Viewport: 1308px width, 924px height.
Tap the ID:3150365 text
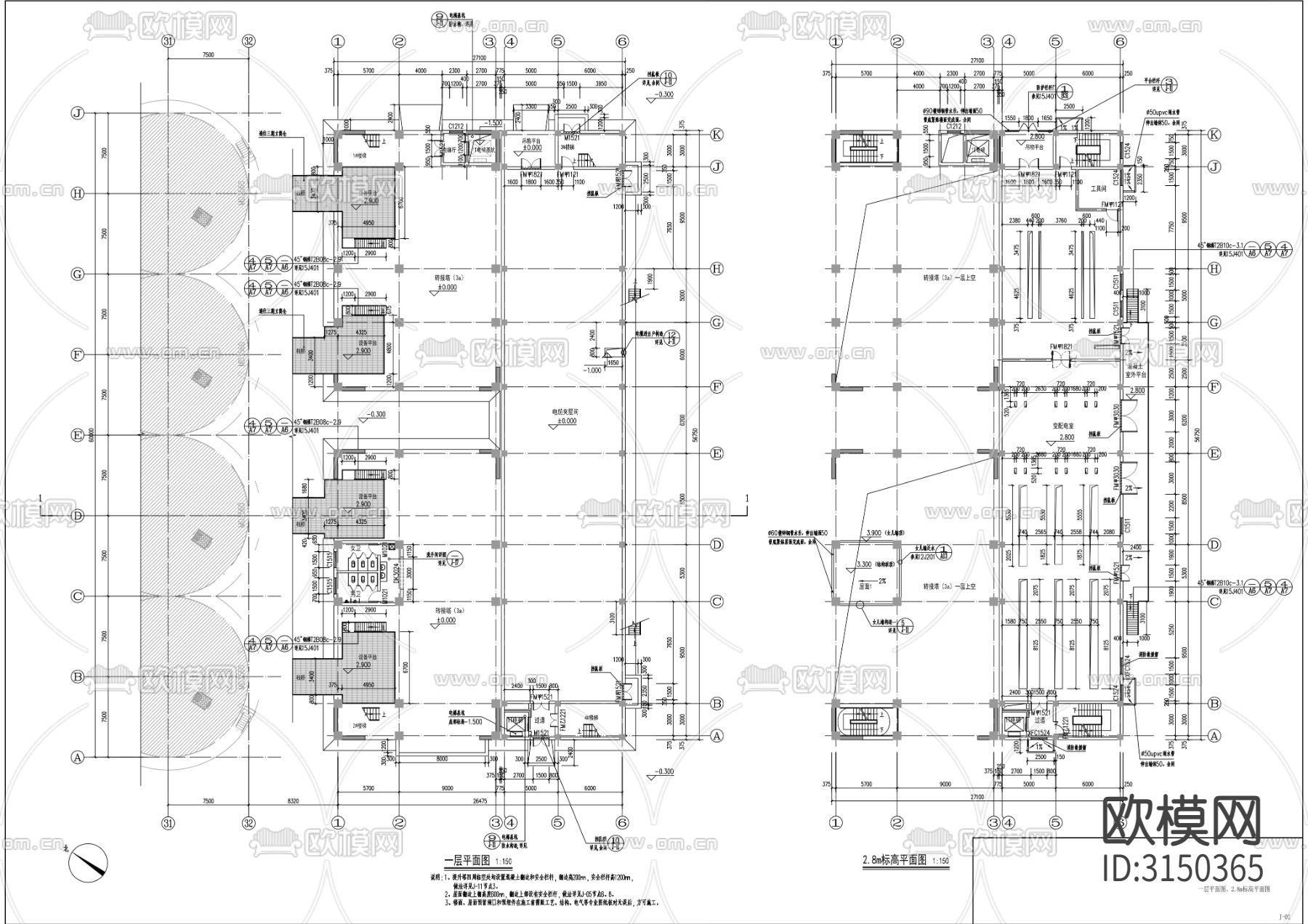(x=1183, y=868)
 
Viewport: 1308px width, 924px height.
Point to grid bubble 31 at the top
(x=169, y=41)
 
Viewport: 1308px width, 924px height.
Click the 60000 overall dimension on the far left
(x=92, y=434)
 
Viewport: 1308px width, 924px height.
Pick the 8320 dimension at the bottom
(x=293, y=801)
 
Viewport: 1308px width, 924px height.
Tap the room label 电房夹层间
(x=565, y=412)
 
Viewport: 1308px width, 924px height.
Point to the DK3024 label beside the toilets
(x=397, y=573)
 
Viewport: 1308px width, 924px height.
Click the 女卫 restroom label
(x=355, y=548)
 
